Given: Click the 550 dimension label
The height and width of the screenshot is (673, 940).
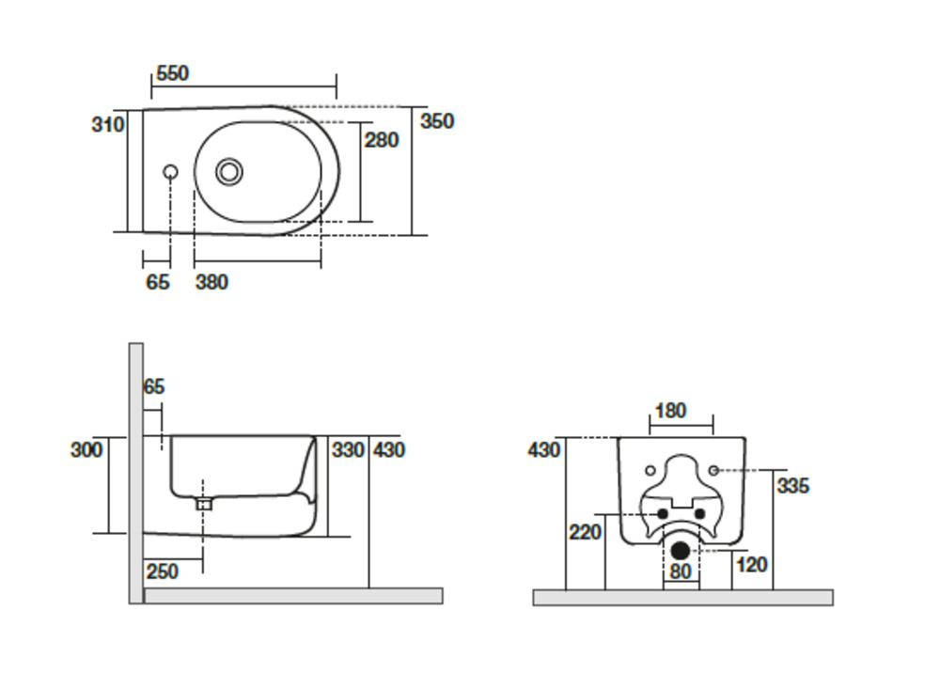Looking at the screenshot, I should (172, 73).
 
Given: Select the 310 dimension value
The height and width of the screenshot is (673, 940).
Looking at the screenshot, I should (108, 124).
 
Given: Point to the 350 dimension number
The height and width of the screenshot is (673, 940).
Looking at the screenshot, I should (437, 121).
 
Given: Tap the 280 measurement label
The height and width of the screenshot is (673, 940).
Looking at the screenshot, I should (382, 140).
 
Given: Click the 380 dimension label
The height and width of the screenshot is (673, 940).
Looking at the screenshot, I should (211, 281).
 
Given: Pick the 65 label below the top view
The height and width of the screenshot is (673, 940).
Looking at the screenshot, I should (158, 281).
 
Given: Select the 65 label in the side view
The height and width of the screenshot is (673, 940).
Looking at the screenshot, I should (154, 386).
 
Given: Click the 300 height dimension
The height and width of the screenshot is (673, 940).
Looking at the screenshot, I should (86, 450).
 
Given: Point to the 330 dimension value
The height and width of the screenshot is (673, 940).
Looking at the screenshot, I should (348, 450).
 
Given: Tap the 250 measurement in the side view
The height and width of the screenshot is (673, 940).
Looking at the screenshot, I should (163, 571).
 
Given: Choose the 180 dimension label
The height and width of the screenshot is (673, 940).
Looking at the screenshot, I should (670, 411).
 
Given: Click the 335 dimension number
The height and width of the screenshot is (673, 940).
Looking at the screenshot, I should (792, 486).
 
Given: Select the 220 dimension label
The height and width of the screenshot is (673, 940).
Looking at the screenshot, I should (586, 533).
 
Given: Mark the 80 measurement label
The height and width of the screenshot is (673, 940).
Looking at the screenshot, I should (681, 571).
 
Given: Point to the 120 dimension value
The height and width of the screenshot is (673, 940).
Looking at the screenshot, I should (752, 564).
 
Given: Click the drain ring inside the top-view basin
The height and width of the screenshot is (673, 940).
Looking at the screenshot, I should (229, 171).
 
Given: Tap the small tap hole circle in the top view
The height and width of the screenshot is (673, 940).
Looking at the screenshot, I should (170, 172).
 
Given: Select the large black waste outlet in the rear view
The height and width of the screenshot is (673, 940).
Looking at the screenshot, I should (681, 551).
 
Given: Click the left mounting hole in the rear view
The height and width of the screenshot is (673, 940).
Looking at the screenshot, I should (651, 469).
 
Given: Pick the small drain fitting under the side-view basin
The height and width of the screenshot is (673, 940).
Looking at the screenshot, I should (204, 504).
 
